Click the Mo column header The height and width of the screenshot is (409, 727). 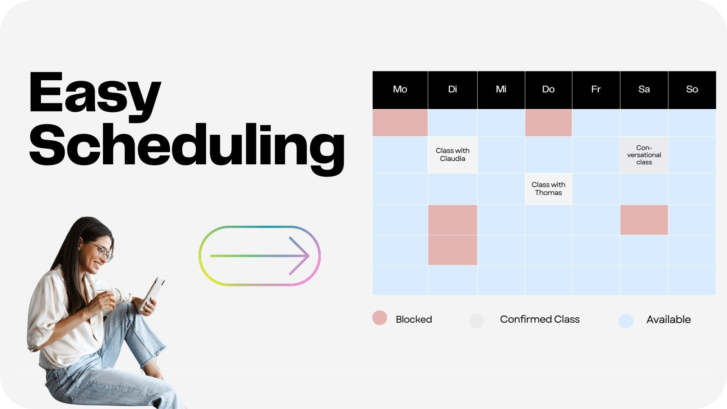coord(400,90)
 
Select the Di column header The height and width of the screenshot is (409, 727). coord(452,90)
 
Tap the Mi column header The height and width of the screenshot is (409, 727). coord(501,90)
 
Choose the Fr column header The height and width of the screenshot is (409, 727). coord(596,90)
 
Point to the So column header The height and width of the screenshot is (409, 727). coord(692,90)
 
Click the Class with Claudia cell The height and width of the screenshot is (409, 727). coord(452,155)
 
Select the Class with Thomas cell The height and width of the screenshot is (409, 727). coord(548,189)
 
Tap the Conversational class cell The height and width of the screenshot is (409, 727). coord(644,155)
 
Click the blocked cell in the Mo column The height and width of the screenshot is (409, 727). coord(400,123)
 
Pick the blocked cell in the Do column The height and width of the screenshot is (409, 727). coord(548,123)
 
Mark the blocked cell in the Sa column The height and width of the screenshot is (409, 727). coord(644,220)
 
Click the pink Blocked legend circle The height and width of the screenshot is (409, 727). coord(379,318)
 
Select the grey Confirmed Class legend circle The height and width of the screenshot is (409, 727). coord(477,321)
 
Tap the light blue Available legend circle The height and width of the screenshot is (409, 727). coord(626,321)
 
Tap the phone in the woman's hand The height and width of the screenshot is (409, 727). coord(153,294)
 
